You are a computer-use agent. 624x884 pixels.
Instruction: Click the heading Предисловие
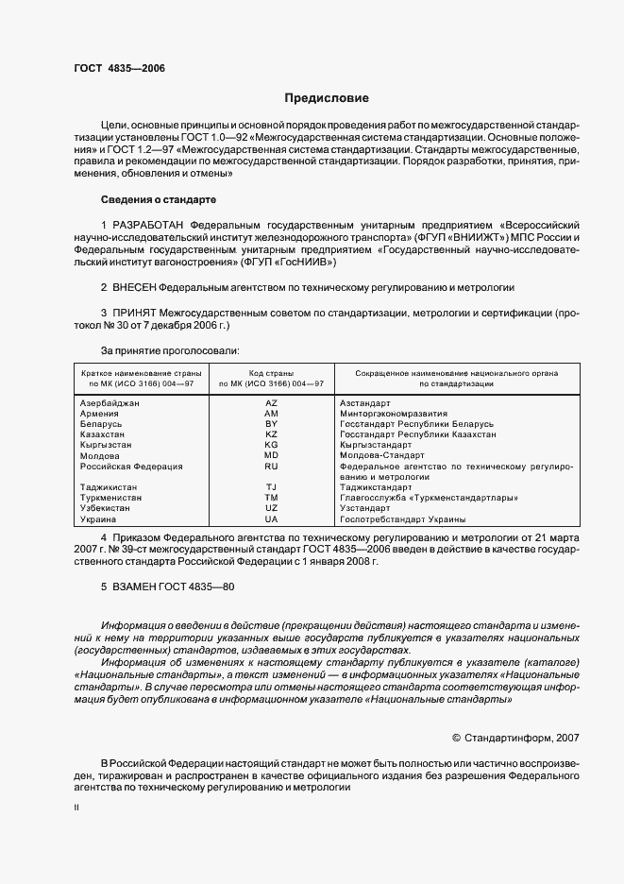click(328, 98)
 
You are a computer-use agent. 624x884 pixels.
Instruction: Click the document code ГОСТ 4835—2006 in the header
click(119, 69)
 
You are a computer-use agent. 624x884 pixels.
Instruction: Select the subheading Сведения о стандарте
click(159, 200)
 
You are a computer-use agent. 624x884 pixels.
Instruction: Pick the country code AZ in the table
click(271, 403)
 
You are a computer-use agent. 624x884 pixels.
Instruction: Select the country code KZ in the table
click(271, 434)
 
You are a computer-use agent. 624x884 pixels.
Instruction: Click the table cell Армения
click(99, 414)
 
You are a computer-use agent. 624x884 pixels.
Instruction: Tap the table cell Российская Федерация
click(130, 467)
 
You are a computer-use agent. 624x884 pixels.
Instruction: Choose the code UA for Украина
click(271, 519)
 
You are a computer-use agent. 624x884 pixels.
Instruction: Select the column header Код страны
click(271, 373)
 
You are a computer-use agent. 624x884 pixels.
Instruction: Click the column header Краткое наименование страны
click(138, 373)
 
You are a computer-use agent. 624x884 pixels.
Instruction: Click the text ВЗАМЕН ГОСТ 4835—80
click(167, 586)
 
